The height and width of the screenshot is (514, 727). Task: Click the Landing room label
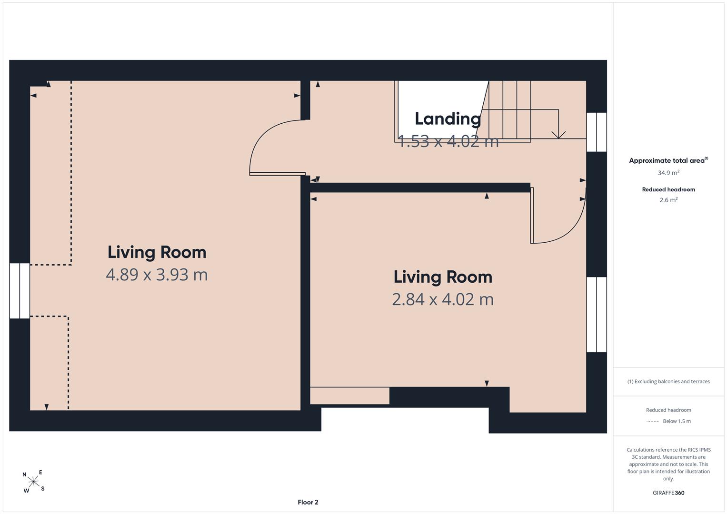448,119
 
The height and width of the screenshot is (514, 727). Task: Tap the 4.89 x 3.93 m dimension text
157,275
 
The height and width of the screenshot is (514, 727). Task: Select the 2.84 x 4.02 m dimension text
443,299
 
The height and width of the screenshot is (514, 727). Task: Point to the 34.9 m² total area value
668,173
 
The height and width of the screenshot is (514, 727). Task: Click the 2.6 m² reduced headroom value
668,200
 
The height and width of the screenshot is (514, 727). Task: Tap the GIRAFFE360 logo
668,493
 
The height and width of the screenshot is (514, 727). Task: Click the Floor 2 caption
308,502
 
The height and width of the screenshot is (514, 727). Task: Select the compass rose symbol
33,481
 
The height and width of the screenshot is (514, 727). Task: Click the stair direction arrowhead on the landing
558,135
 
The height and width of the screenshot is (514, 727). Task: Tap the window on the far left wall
20,291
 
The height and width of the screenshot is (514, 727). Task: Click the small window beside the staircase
597,132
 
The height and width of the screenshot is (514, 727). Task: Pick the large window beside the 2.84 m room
597,315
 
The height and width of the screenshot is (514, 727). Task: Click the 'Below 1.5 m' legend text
677,421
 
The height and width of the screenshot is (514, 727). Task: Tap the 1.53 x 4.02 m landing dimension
448,141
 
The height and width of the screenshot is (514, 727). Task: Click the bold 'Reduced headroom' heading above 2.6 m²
668,189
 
